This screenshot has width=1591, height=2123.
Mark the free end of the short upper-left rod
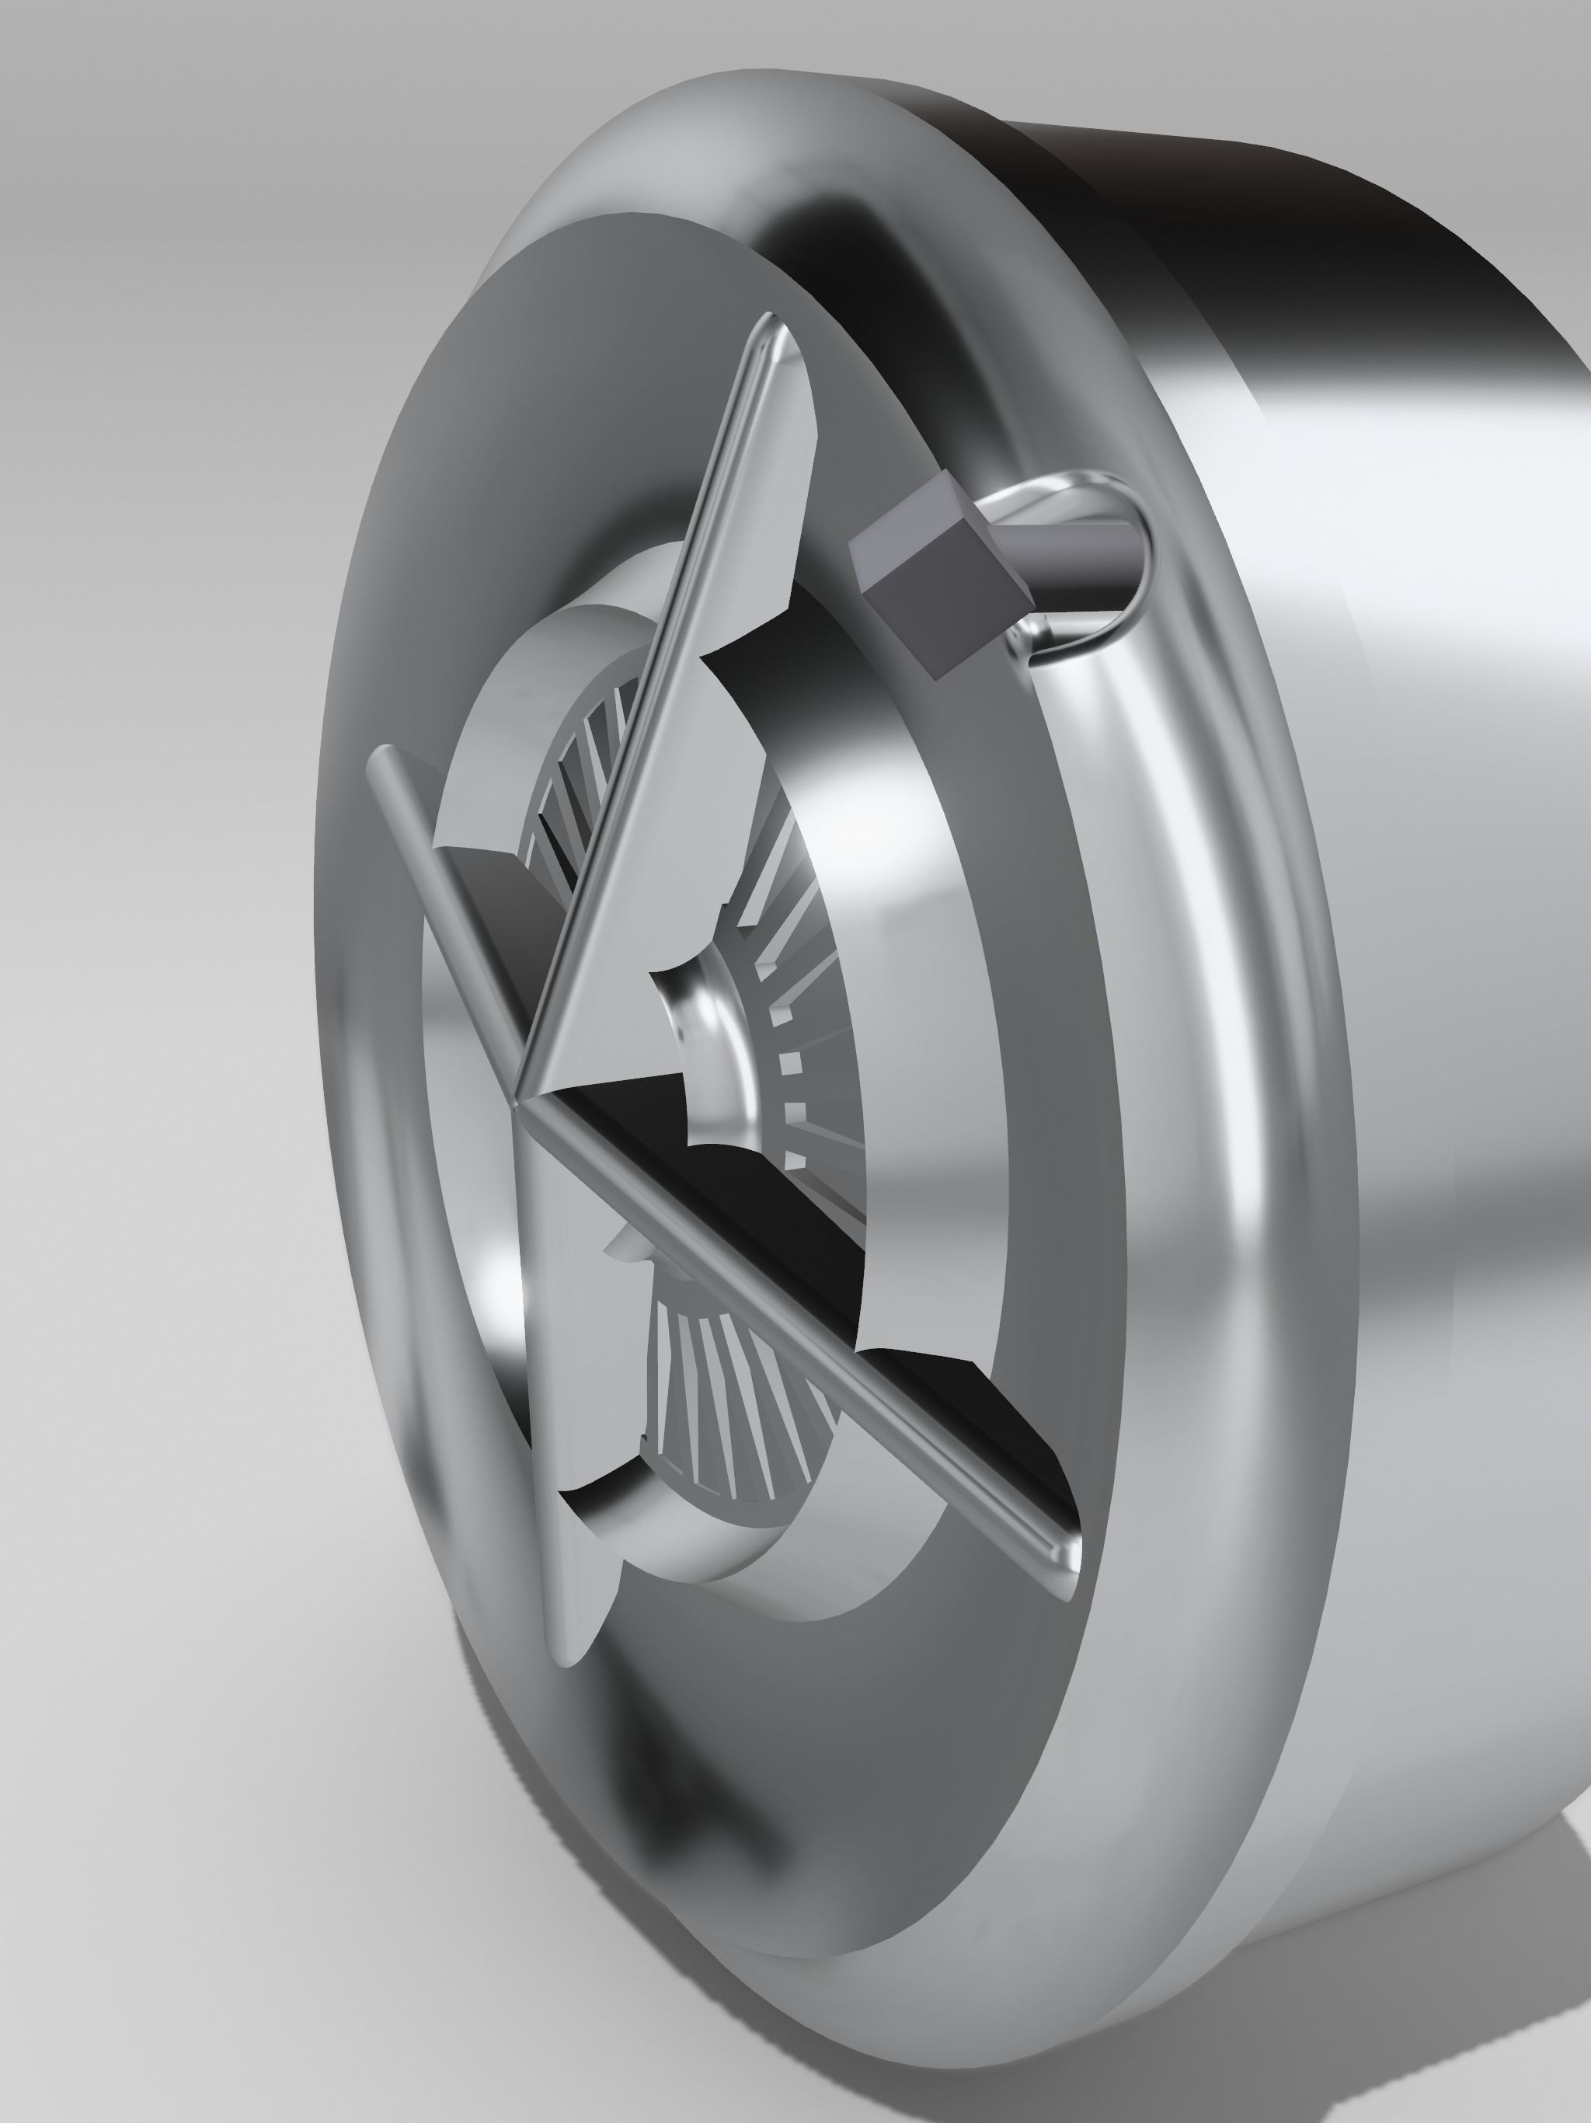[379, 758]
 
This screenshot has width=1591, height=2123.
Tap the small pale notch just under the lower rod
[624, 1248]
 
